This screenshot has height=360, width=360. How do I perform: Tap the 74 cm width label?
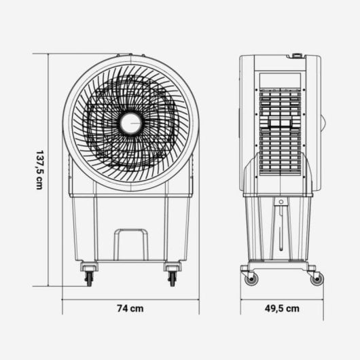pos(130,308)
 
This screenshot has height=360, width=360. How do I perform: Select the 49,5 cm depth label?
pos(281,308)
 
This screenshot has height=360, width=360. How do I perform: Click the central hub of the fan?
pos(130,124)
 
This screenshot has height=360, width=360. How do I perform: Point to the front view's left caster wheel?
pos(88,278)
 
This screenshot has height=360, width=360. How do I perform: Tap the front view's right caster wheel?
pos(172,278)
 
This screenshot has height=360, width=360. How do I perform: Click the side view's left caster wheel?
pos(251,278)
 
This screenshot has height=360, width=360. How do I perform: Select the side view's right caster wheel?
pos(317,278)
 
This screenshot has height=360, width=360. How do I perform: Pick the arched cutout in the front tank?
pos(130,244)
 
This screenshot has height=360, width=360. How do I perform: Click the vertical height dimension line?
pos(50,170)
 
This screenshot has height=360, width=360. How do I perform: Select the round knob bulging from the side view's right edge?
pos(323,123)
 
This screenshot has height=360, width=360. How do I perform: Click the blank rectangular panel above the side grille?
pos(279,79)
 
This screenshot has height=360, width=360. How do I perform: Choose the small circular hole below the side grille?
pos(279,201)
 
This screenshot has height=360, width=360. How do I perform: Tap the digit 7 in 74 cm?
pos(120,308)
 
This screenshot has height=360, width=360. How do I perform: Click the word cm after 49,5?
pos(293,308)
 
